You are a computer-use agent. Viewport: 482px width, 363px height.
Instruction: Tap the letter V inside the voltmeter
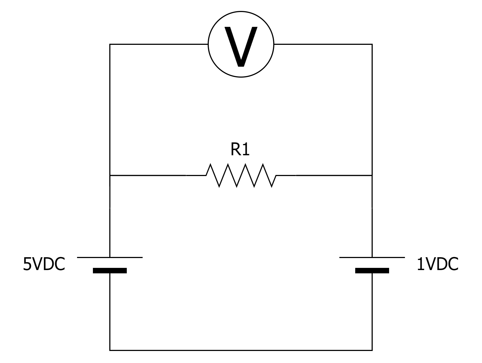click(x=241, y=46)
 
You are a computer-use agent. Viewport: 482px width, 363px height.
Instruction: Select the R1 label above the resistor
click(x=240, y=150)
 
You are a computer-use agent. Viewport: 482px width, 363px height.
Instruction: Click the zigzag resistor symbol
click(x=241, y=175)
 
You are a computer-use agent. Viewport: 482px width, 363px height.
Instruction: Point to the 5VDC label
click(x=44, y=265)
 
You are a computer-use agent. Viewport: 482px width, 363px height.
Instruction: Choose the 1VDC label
click(x=437, y=265)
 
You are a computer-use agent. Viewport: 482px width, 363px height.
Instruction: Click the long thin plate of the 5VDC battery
click(x=110, y=257)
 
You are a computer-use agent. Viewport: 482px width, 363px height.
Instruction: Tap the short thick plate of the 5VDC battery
click(x=110, y=271)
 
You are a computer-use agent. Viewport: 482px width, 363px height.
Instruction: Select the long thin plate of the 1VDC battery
click(x=372, y=257)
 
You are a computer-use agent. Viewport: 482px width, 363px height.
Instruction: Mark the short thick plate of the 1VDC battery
click(x=372, y=271)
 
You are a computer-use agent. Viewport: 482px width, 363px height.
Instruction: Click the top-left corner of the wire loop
click(x=110, y=44)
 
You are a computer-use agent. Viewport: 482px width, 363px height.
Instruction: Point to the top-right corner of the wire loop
click(x=372, y=44)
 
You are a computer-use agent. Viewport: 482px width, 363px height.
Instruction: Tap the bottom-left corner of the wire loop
click(x=110, y=350)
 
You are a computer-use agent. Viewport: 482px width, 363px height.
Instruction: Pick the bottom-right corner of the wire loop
click(x=372, y=350)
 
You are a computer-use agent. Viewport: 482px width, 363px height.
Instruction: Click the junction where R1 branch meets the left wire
click(x=110, y=175)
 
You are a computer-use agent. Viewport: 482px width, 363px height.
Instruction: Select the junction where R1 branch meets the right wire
click(x=372, y=175)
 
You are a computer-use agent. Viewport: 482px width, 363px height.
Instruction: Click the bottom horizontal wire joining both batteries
click(x=241, y=350)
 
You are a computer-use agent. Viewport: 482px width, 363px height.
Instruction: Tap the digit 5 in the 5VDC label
click(x=27, y=265)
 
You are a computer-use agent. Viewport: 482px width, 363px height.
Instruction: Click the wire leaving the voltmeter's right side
click(x=322, y=44)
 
